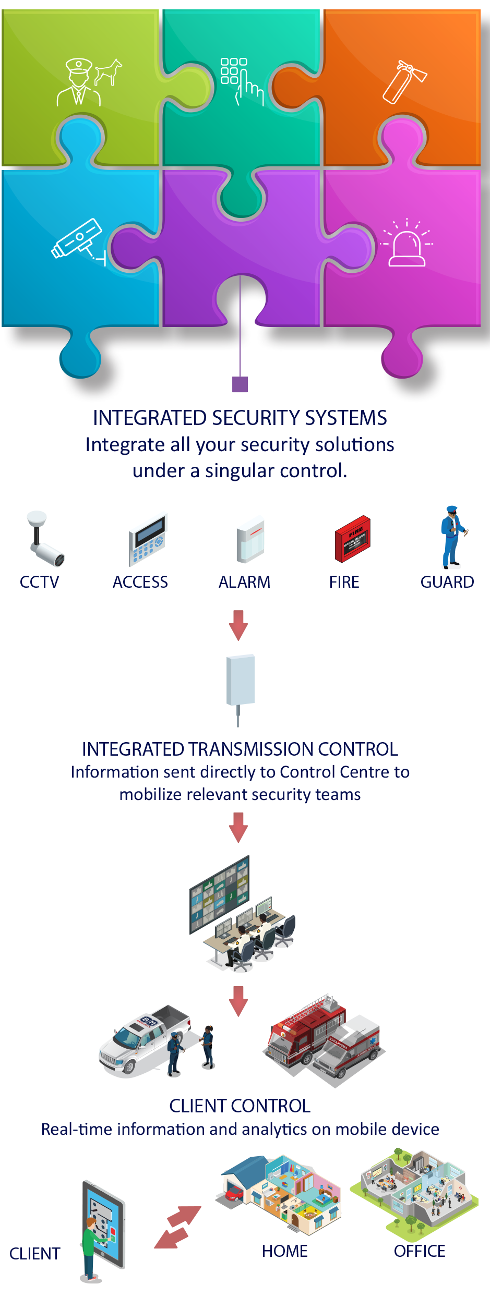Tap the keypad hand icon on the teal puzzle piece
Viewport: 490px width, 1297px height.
point(242,81)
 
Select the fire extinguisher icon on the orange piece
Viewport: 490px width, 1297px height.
point(404,81)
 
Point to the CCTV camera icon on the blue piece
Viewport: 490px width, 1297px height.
point(78,241)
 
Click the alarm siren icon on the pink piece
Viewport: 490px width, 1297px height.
point(407,243)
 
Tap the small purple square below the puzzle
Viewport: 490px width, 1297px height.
point(240,384)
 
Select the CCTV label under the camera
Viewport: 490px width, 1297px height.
point(39,582)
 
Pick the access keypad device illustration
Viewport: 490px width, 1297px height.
point(148,540)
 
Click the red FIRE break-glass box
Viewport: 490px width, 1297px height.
point(353,539)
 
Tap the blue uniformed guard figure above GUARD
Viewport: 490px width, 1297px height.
point(452,537)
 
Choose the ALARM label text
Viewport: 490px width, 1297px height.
point(244,582)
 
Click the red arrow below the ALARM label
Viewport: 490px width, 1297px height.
point(238,625)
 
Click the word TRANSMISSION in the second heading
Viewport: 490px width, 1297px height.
point(258,749)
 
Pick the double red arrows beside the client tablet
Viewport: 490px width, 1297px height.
point(177,1227)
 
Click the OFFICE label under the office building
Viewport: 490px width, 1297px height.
point(420,1251)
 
